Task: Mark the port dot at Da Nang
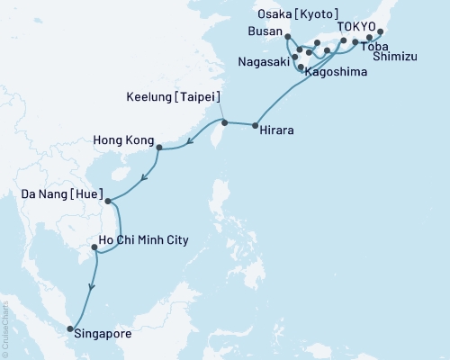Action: pos(106,202)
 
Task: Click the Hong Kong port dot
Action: pos(158,148)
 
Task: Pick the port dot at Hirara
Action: pos(256,124)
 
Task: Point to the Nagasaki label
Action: pos(265,62)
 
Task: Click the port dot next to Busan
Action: pos(286,37)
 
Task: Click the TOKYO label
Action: pos(357,26)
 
